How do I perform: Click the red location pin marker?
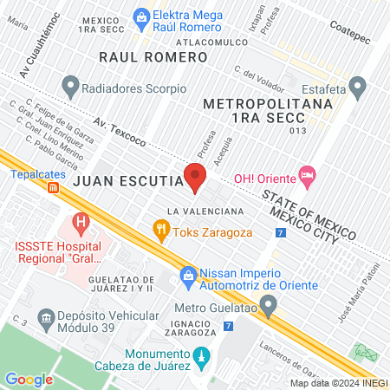point(194,178)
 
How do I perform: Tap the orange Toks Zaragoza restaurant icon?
point(160,231)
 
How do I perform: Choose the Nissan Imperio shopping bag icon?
point(187,276)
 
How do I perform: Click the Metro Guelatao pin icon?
point(270,306)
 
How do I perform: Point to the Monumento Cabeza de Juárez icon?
point(201,356)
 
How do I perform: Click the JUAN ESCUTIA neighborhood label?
point(127,181)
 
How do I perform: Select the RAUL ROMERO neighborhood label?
point(153,56)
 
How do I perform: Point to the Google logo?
point(28,379)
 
